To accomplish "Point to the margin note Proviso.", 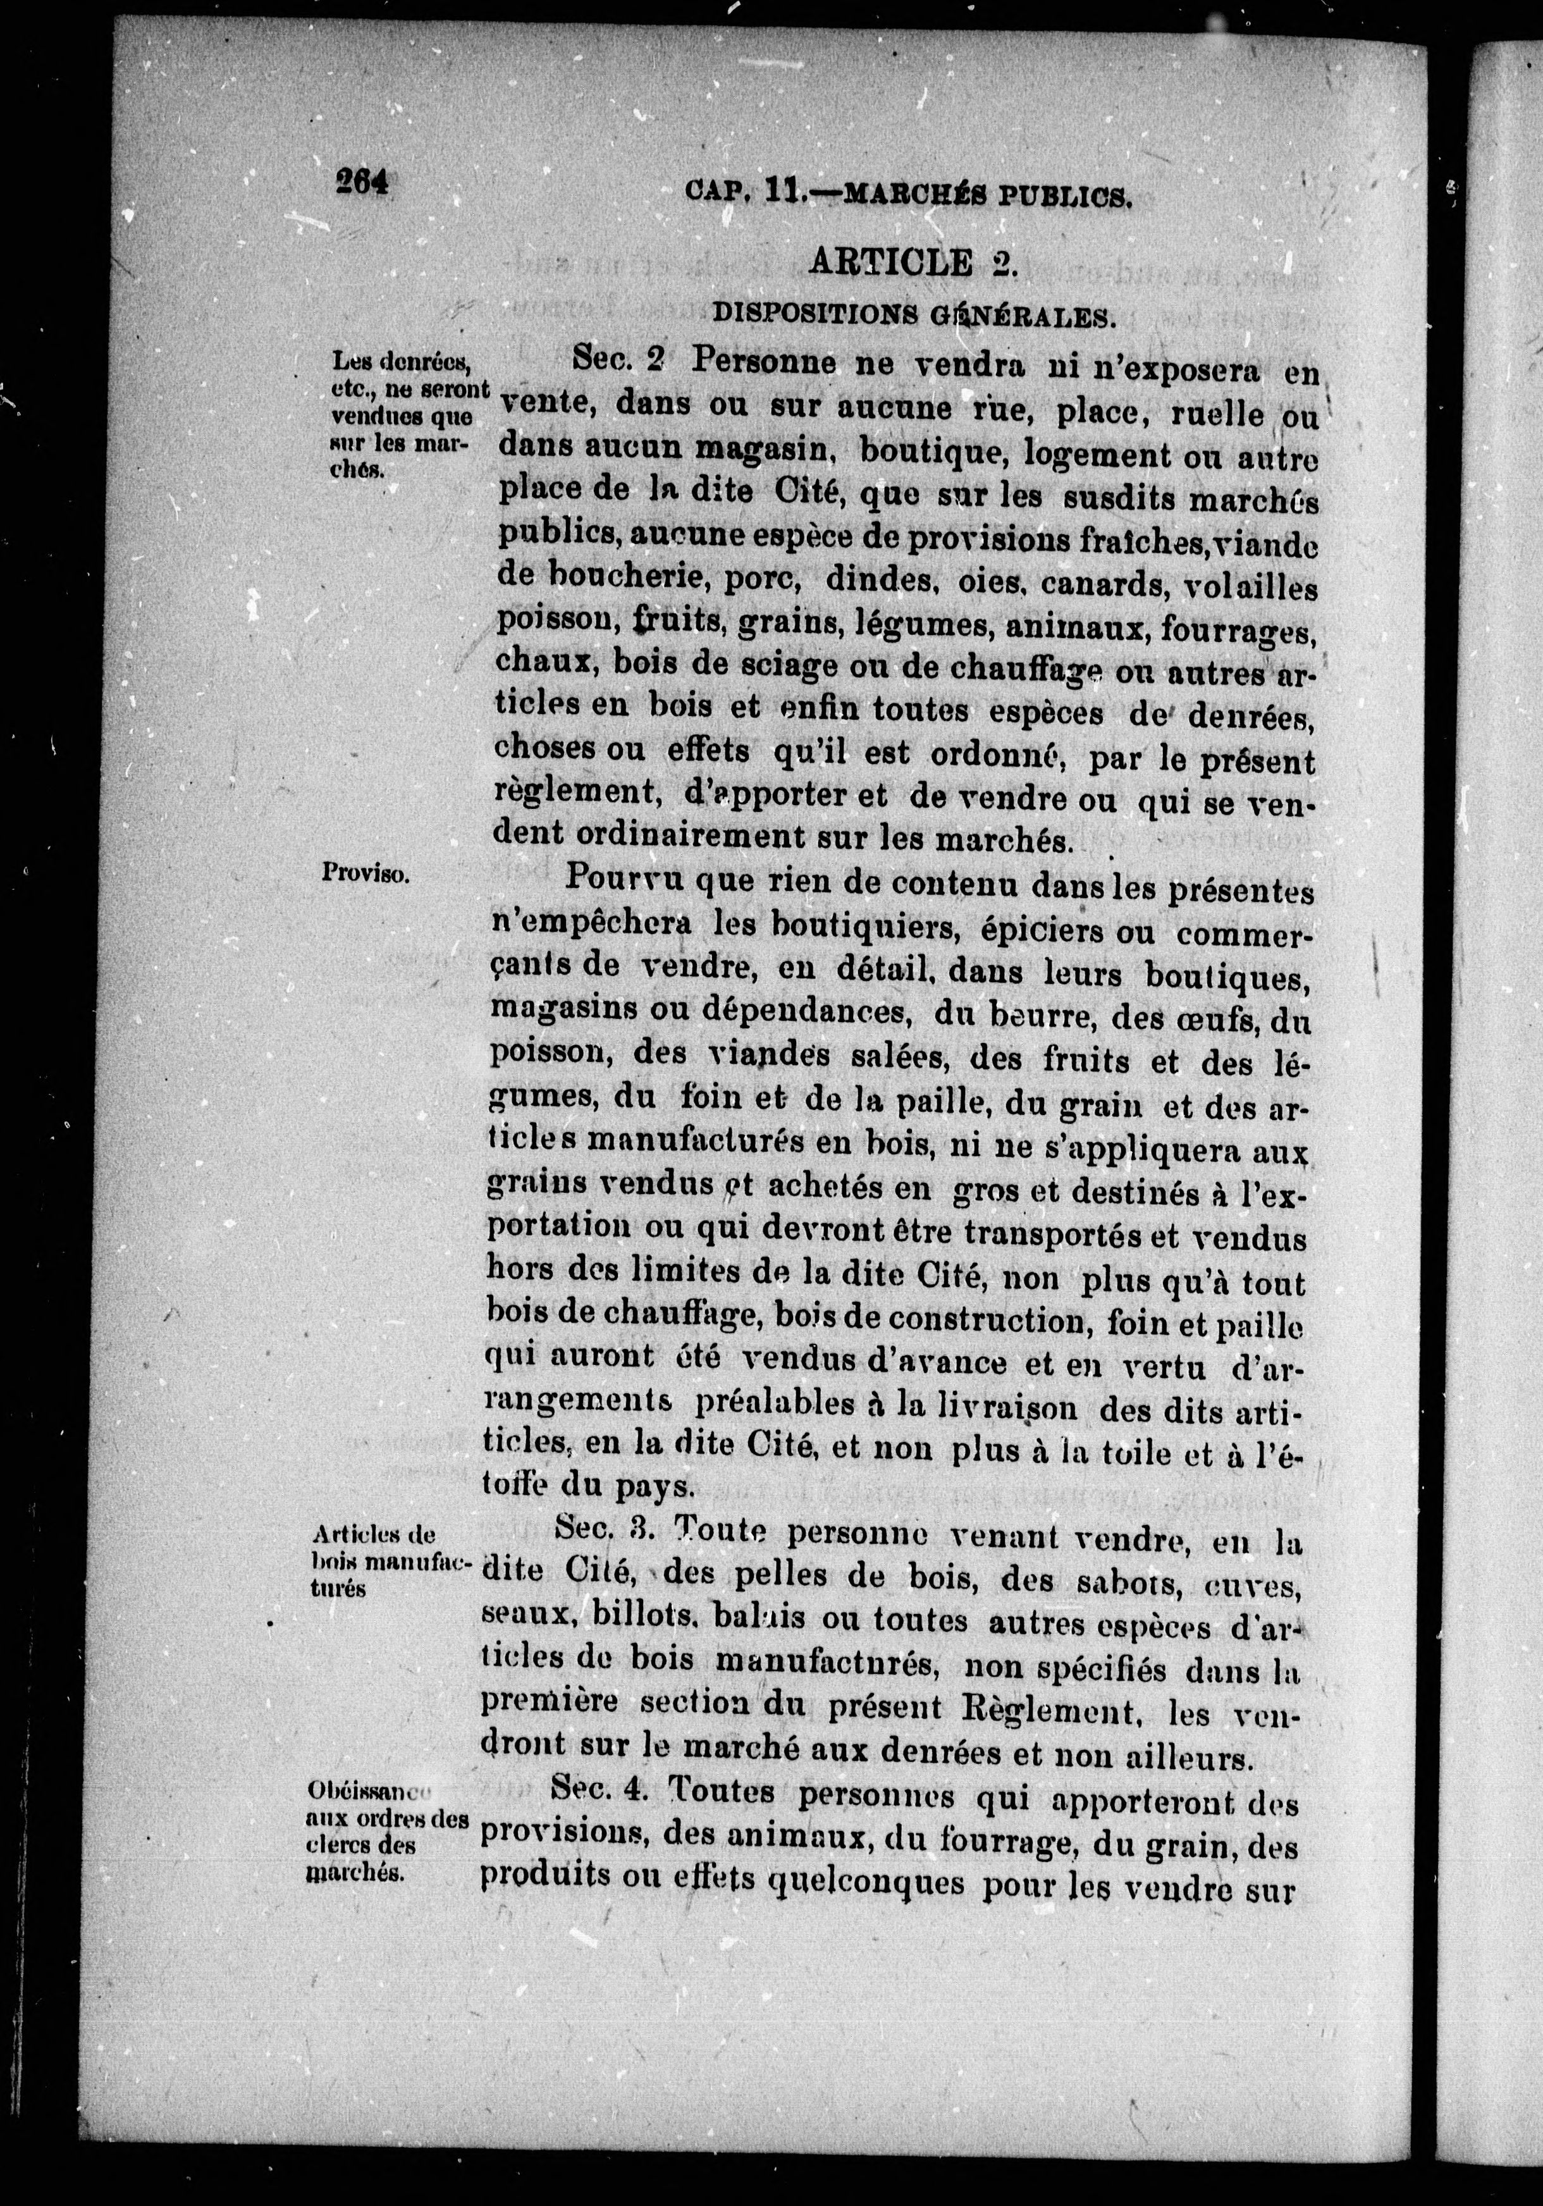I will coord(367,873).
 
